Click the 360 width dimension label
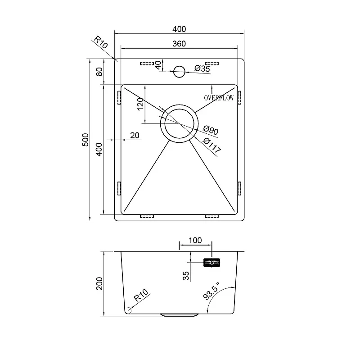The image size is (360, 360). coord(179,44)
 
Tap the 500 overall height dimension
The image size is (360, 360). coord(85,140)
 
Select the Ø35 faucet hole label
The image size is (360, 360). coord(202,68)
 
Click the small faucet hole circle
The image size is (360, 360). coord(179,72)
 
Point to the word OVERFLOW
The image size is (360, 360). coord(219,98)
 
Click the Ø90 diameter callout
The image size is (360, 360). coord(211,130)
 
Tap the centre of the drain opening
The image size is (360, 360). coord(179,123)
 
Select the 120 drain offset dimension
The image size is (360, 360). coord(140,105)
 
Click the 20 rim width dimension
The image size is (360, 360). coord(135,136)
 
